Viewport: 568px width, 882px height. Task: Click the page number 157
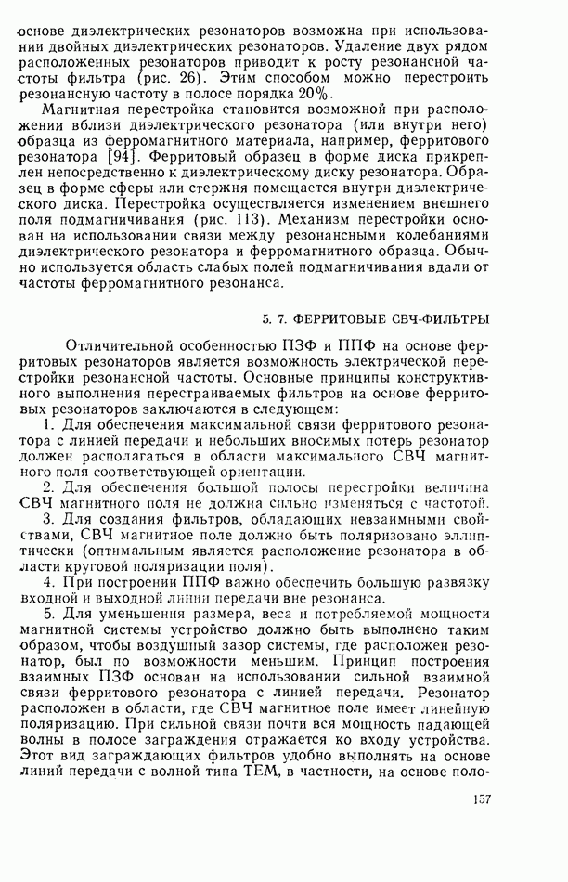[481, 800]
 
